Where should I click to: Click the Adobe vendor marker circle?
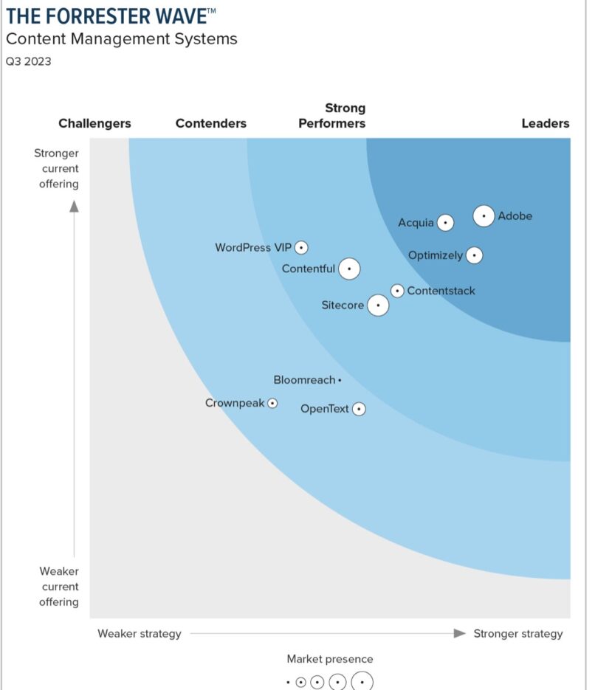[484, 216]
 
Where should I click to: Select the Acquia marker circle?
[445, 222]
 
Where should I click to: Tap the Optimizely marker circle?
[474, 255]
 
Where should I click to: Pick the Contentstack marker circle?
[397, 291]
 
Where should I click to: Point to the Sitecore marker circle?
[378, 305]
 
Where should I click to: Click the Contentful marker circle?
[349, 269]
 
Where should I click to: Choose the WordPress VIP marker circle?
[301, 248]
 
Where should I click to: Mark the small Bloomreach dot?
[340, 380]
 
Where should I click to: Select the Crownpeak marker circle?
[272, 403]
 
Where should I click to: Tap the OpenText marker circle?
[359, 408]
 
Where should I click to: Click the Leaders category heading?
[545, 123]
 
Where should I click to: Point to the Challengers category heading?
[94, 123]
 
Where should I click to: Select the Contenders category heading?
[211, 123]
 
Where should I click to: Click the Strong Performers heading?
[332, 116]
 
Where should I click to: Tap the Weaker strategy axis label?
[139, 633]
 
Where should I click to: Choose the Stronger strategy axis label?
[517, 633]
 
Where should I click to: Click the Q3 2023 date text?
[29, 62]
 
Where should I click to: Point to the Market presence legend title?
[330, 658]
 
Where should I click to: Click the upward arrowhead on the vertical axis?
[74, 206]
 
